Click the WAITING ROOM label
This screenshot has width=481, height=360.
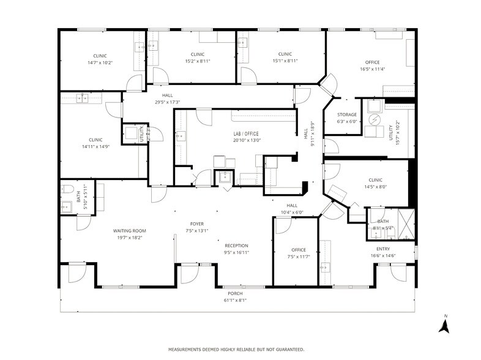click(x=129, y=231)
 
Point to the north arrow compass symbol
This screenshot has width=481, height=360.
click(x=446, y=324)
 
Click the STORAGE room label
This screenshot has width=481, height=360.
click(x=347, y=114)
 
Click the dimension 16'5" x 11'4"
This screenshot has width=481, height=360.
click(x=372, y=69)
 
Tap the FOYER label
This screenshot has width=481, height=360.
click(x=196, y=224)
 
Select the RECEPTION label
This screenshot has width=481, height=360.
click(x=236, y=245)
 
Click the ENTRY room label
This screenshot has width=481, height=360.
click(x=383, y=249)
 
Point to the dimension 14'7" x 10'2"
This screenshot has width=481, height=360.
click(x=100, y=62)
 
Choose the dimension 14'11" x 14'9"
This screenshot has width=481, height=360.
click(x=95, y=146)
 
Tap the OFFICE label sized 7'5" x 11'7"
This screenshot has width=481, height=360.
click(x=298, y=250)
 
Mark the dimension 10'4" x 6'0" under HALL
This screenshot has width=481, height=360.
click(x=292, y=212)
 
